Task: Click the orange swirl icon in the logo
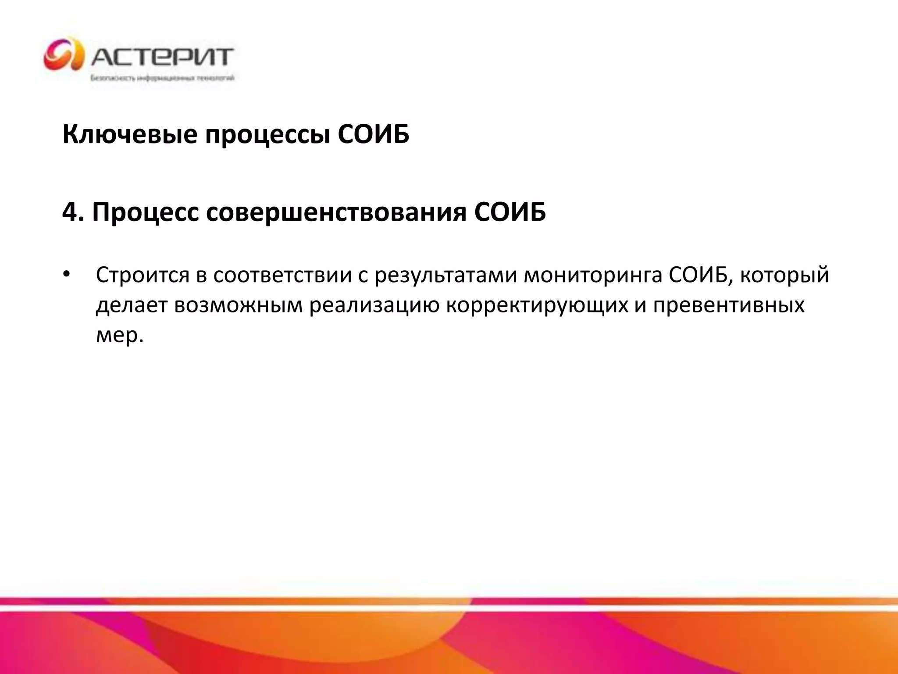coord(64,55)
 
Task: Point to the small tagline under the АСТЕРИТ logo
coord(162,79)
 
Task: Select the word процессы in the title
coord(267,134)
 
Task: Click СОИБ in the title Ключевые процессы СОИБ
coord(374,134)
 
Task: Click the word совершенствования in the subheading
coord(336,212)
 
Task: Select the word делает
coord(132,305)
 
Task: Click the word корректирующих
coord(537,305)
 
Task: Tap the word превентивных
coord(729,305)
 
